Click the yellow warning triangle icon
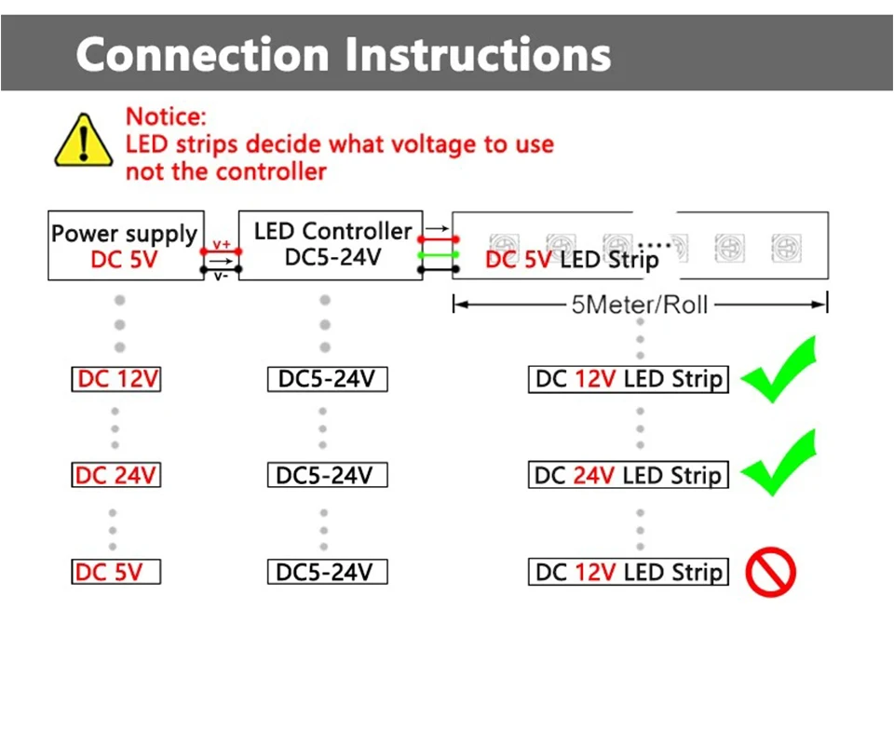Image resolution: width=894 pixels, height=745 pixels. [84, 142]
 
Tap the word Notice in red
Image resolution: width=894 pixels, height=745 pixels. [165, 116]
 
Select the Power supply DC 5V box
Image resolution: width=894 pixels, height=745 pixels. [126, 246]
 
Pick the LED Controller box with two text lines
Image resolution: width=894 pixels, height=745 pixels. [332, 244]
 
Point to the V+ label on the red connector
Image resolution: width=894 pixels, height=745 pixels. [222, 244]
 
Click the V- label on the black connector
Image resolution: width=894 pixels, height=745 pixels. [222, 276]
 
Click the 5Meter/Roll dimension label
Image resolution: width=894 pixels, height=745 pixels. [640, 305]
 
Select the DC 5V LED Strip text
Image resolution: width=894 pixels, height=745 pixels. [571, 260]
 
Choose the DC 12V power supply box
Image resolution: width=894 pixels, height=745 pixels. [116, 379]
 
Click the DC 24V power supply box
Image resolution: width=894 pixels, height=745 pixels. [116, 475]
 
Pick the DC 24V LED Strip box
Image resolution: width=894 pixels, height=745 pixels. [628, 475]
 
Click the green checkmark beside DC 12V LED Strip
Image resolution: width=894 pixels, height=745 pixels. [779, 370]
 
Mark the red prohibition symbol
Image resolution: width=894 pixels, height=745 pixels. [771, 571]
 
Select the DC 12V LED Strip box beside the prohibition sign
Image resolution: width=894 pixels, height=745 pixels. [628, 572]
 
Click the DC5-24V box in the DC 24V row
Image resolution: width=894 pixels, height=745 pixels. [326, 475]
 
